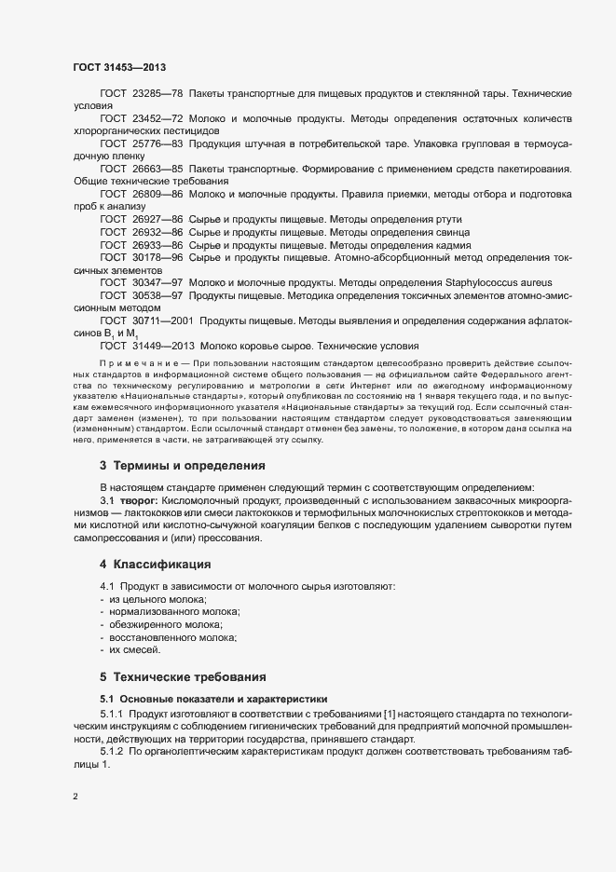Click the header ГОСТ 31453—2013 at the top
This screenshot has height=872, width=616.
119,67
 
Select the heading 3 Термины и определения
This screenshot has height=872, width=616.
183,465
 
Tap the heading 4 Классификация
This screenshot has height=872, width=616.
157,565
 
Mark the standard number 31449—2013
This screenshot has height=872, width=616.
163,344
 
